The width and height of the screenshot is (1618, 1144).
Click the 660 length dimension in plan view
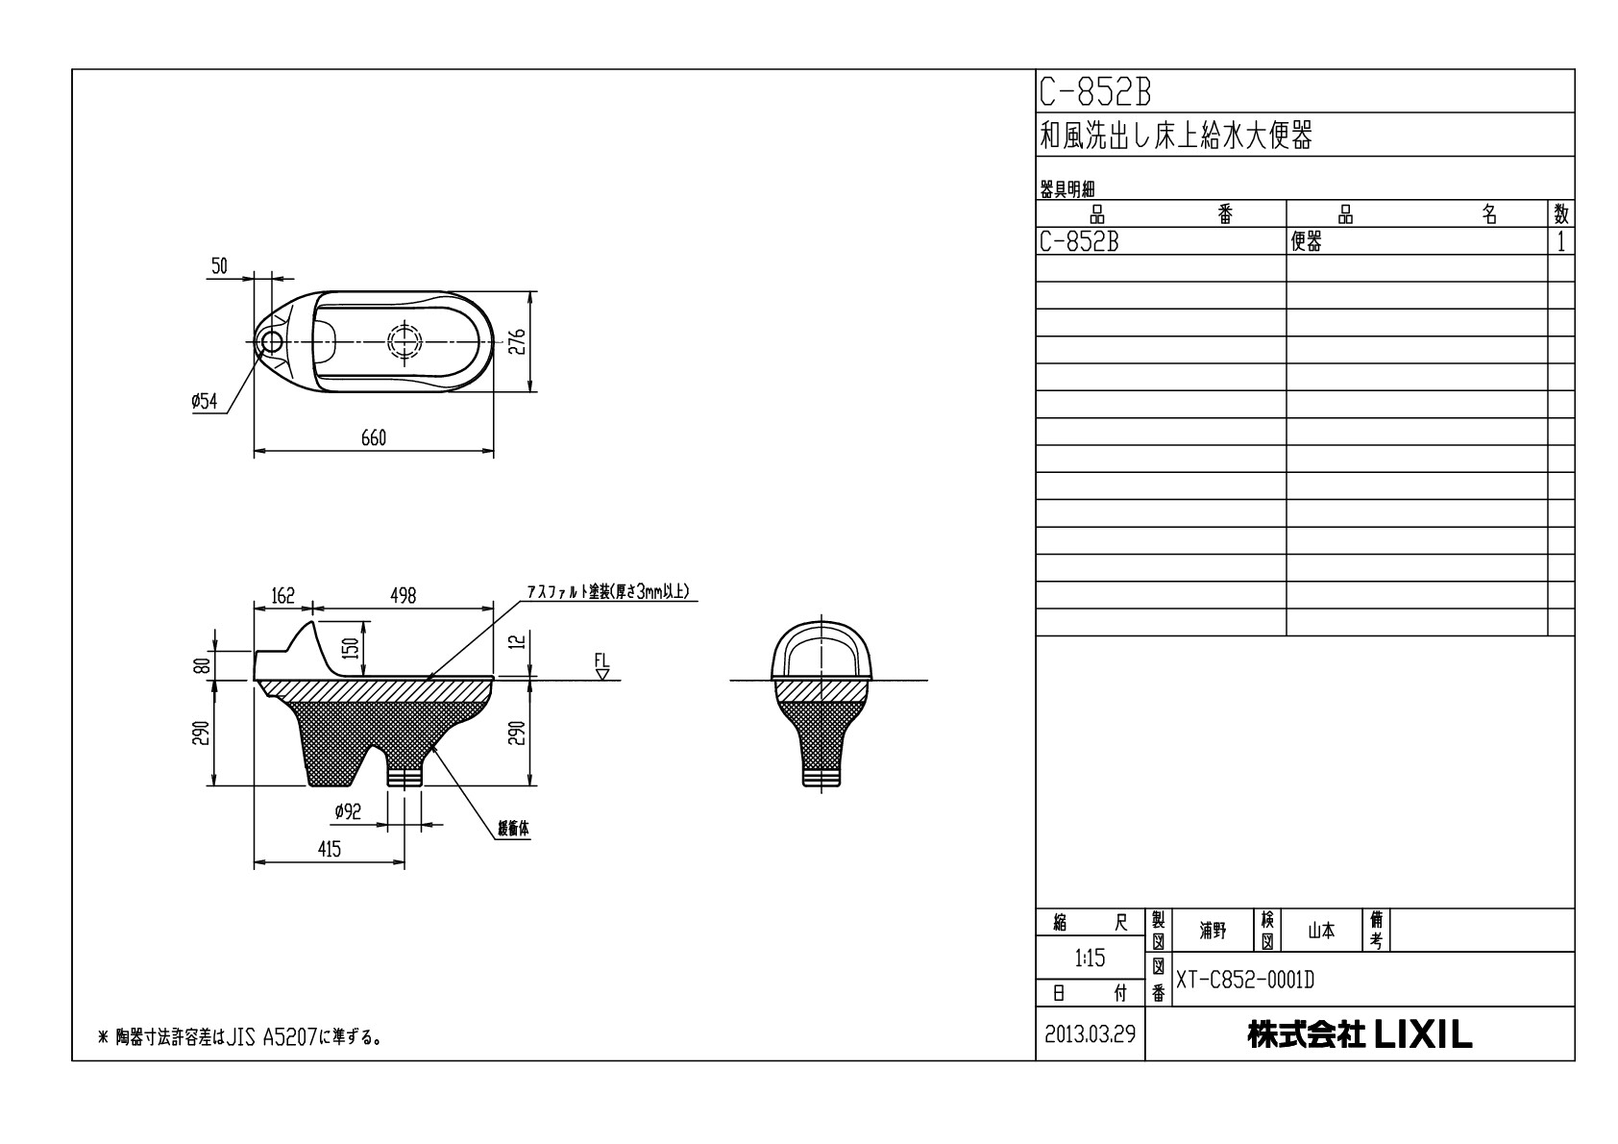[x=374, y=438]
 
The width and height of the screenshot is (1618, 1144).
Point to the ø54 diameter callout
[x=205, y=402]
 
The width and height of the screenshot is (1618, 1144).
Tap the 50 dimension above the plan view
[x=219, y=266]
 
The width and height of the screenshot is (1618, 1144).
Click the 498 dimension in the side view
[x=403, y=596]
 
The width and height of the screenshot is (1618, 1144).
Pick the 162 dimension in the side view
[x=282, y=596]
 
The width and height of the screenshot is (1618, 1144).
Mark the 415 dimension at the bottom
[x=329, y=849]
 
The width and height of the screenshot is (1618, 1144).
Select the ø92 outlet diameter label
[x=347, y=812]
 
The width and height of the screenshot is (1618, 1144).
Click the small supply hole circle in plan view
[x=272, y=340]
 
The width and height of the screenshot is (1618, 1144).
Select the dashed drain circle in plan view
[x=404, y=341]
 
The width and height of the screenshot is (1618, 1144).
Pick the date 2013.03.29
[x=1090, y=1034]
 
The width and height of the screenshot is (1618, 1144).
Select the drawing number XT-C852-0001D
[x=1245, y=981]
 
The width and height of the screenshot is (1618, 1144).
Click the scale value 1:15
[x=1090, y=957]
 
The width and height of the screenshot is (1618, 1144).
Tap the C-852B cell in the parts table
[x=1079, y=242]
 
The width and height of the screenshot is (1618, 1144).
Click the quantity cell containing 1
[x=1561, y=242]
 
